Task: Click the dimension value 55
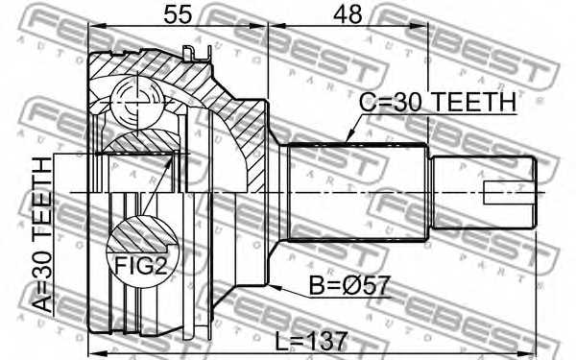(177, 15)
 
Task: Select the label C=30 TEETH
(438, 102)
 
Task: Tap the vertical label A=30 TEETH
(43, 235)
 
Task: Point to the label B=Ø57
(349, 285)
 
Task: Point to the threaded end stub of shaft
(480, 192)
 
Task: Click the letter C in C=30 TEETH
(368, 102)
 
